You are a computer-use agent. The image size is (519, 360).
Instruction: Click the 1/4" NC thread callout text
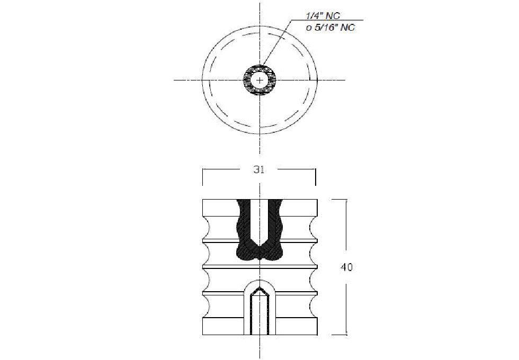pos(323,15)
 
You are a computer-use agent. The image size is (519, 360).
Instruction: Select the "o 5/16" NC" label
pos(330,28)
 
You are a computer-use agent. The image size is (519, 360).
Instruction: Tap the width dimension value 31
pos(259,169)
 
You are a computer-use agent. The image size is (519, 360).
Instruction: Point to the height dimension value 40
pos(346,267)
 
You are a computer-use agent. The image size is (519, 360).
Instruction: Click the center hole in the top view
pos(260,80)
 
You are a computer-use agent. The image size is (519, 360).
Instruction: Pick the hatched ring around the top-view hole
pos(260,70)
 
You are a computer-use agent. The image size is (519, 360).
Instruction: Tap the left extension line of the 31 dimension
pos(202,177)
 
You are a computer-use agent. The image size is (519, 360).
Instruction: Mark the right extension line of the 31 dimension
pos(316,177)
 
